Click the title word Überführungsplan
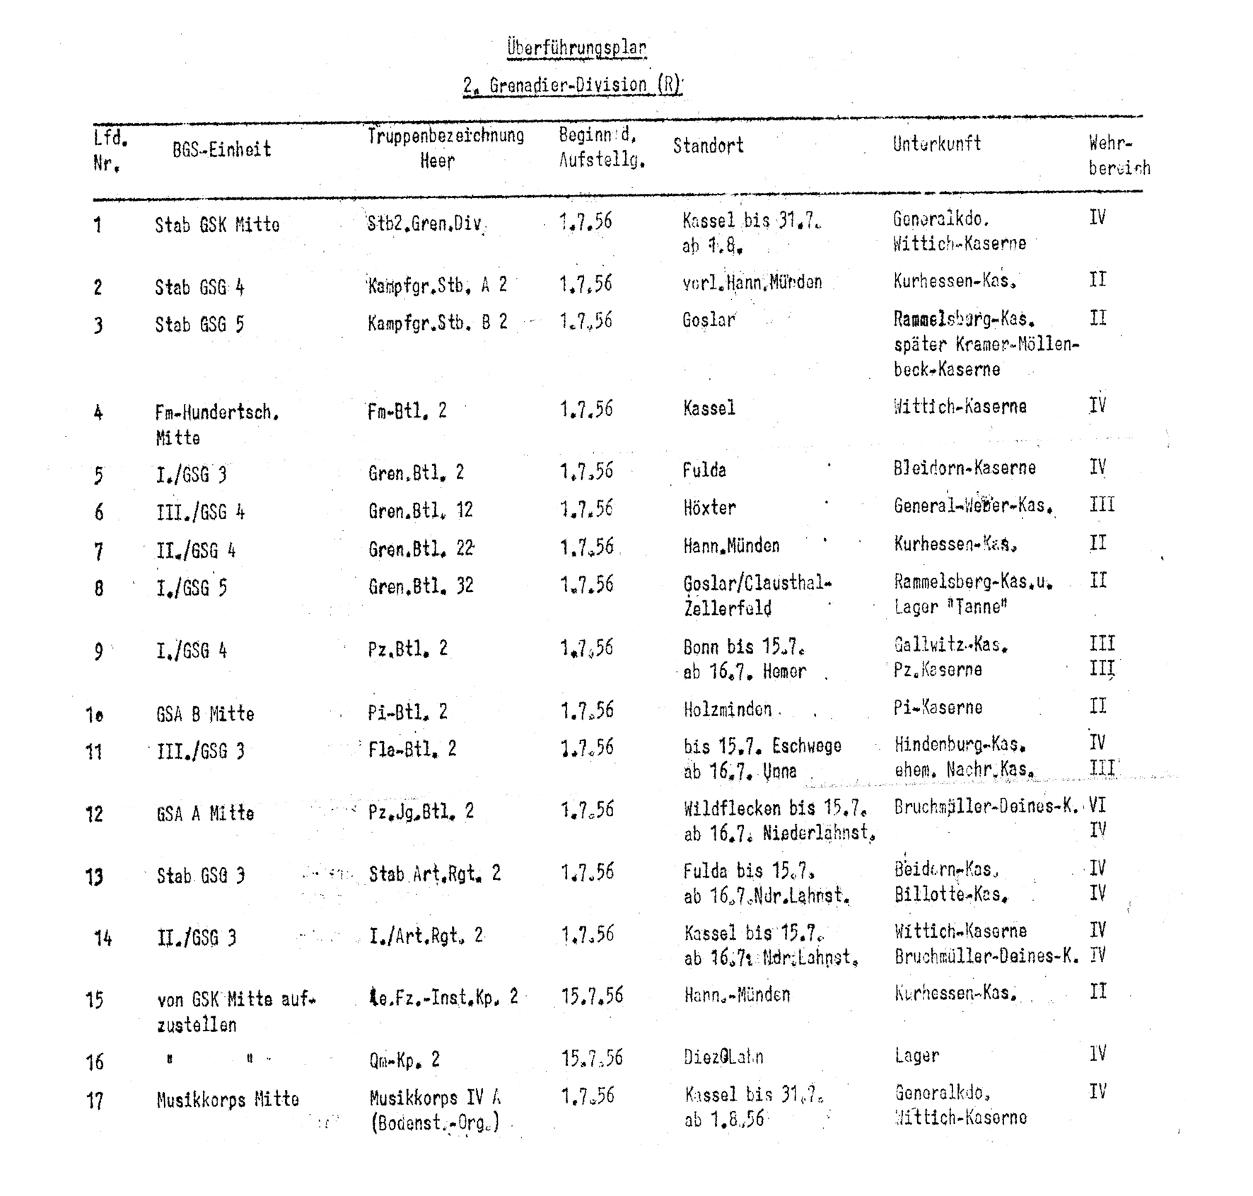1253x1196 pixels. coord(576,48)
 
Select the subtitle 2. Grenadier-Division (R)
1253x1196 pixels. coord(572,86)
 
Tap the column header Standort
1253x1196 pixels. coord(708,146)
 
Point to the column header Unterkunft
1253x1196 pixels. coord(936,144)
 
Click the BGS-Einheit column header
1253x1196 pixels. coord(221,149)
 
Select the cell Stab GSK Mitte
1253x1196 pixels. coord(217,225)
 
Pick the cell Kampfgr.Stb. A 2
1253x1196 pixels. coord(437,285)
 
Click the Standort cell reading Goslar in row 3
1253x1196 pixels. coord(709,320)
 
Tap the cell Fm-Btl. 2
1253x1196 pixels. coord(407,411)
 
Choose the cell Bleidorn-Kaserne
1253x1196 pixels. coord(964,468)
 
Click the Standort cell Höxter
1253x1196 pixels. coord(709,507)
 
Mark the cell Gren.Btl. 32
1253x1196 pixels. coord(421,586)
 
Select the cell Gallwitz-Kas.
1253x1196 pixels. coord(950,645)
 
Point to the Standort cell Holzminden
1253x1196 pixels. coord(728,709)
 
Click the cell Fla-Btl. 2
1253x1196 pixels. coord(412,748)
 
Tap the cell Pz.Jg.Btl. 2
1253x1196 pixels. coord(421,811)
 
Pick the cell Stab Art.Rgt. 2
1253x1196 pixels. coord(434,874)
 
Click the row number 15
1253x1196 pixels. coord(95,1000)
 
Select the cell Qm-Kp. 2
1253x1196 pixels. coord(404,1059)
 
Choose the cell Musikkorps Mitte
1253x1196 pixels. coord(228,1099)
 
